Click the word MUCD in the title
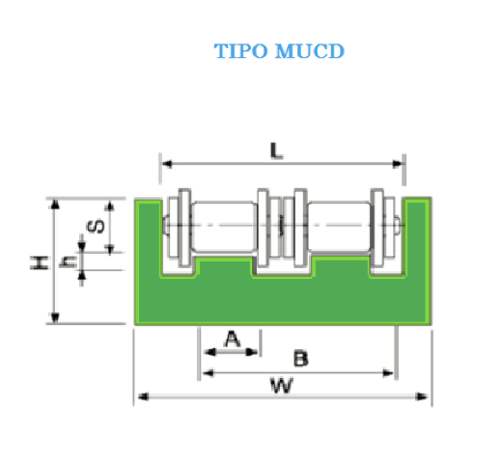[x=310, y=51]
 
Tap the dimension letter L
[x=276, y=150]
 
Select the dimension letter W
[x=282, y=386]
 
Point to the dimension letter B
[x=301, y=359]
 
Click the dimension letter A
[x=233, y=339]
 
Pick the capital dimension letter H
[x=40, y=262]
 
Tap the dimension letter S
[x=96, y=226]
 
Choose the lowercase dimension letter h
[x=69, y=261]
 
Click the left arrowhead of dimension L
[x=167, y=164]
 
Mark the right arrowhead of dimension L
[x=398, y=164]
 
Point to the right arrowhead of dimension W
[x=422, y=397]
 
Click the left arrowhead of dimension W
[x=143, y=397]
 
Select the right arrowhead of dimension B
[x=388, y=373]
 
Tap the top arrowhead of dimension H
[x=55, y=205]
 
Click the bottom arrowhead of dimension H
[x=55, y=317]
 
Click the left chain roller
[x=224, y=227]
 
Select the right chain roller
[x=339, y=227]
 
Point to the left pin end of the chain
[x=166, y=225]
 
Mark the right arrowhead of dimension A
[x=251, y=352]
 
